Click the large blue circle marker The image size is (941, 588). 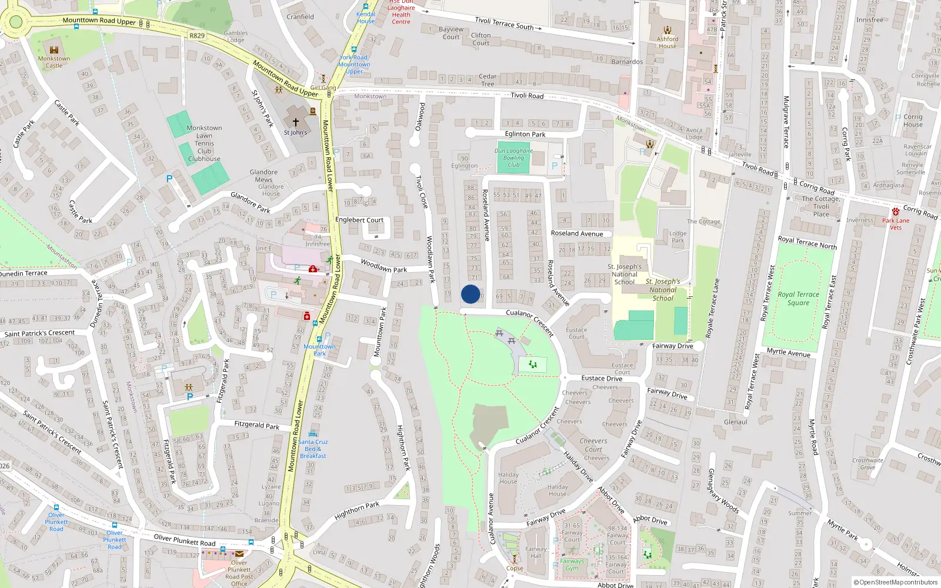pyautogui.click(x=470, y=294)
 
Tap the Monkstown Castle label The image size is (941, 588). pyautogui.click(x=54, y=62)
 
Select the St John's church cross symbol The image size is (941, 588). pyautogui.click(x=296, y=122)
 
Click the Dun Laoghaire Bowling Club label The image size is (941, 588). pyautogui.click(x=513, y=158)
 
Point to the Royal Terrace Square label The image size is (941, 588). pyautogui.click(x=798, y=299)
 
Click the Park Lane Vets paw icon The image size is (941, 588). pyautogui.click(x=895, y=212)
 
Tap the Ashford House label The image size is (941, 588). pyautogui.click(x=668, y=42)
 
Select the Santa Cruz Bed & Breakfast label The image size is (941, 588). pyautogui.click(x=313, y=449)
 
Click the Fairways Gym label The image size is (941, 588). pyautogui.click(x=572, y=564)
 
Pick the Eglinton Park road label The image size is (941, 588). pyautogui.click(x=525, y=134)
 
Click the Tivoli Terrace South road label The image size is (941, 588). pyautogui.click(x=504, y=24)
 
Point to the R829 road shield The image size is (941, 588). pyautogui.click(x=197, y=36)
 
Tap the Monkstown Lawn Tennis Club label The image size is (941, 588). pyautogui.click(x=204, y=143)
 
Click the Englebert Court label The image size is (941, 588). pyautogui.click(x=359, y=220)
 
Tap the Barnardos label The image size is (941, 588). pyautogui.click(x=627, y=62)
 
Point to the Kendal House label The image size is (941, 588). pyautogui.click(x=365, y=18)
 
